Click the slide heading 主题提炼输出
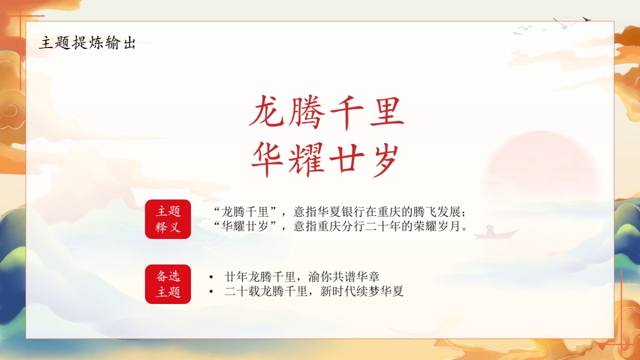(x=87, y=43)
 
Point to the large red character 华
(x=267, y=159)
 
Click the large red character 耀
(x=307, y=159)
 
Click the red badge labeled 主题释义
(x=168, y=219)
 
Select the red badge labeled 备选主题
(x=168, y=284)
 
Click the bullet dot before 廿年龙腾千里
(x=211, y=277)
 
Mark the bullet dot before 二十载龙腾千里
(x=211, y=292)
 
